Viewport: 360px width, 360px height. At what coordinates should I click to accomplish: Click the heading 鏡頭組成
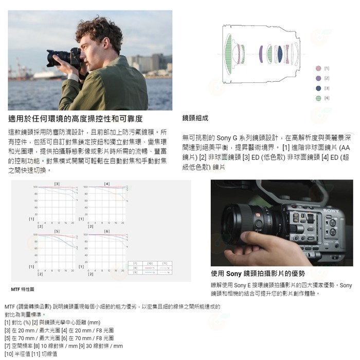click(x=195, y=118)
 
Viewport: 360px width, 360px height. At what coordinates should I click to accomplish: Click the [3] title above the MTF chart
click(x=57, y=184)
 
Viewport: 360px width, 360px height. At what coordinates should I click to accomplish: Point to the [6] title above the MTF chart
click(x=106, y=232)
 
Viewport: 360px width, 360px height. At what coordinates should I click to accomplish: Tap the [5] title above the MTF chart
click(x=57, y=232)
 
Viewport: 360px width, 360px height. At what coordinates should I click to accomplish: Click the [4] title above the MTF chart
click(x=106, y=184)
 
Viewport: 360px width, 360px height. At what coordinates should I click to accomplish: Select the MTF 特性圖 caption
click(x=23, y=290)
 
